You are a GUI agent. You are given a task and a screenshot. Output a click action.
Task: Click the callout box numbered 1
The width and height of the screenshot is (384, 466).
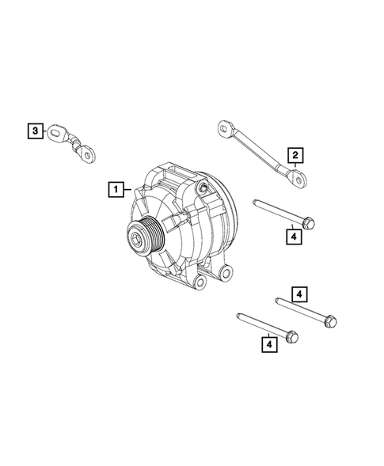116,189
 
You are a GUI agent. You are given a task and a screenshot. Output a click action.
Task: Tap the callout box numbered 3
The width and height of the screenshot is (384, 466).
35,131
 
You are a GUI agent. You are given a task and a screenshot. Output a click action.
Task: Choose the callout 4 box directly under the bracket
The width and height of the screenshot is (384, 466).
293,237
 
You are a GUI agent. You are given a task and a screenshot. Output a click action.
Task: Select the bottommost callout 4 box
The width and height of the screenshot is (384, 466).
270,343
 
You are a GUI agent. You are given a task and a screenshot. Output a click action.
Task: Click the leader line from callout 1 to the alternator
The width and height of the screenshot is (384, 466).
130,190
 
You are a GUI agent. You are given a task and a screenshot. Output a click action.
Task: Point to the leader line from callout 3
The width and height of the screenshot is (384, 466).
48,132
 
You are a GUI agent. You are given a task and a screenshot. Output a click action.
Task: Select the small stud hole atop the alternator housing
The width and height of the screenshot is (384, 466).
203,187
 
